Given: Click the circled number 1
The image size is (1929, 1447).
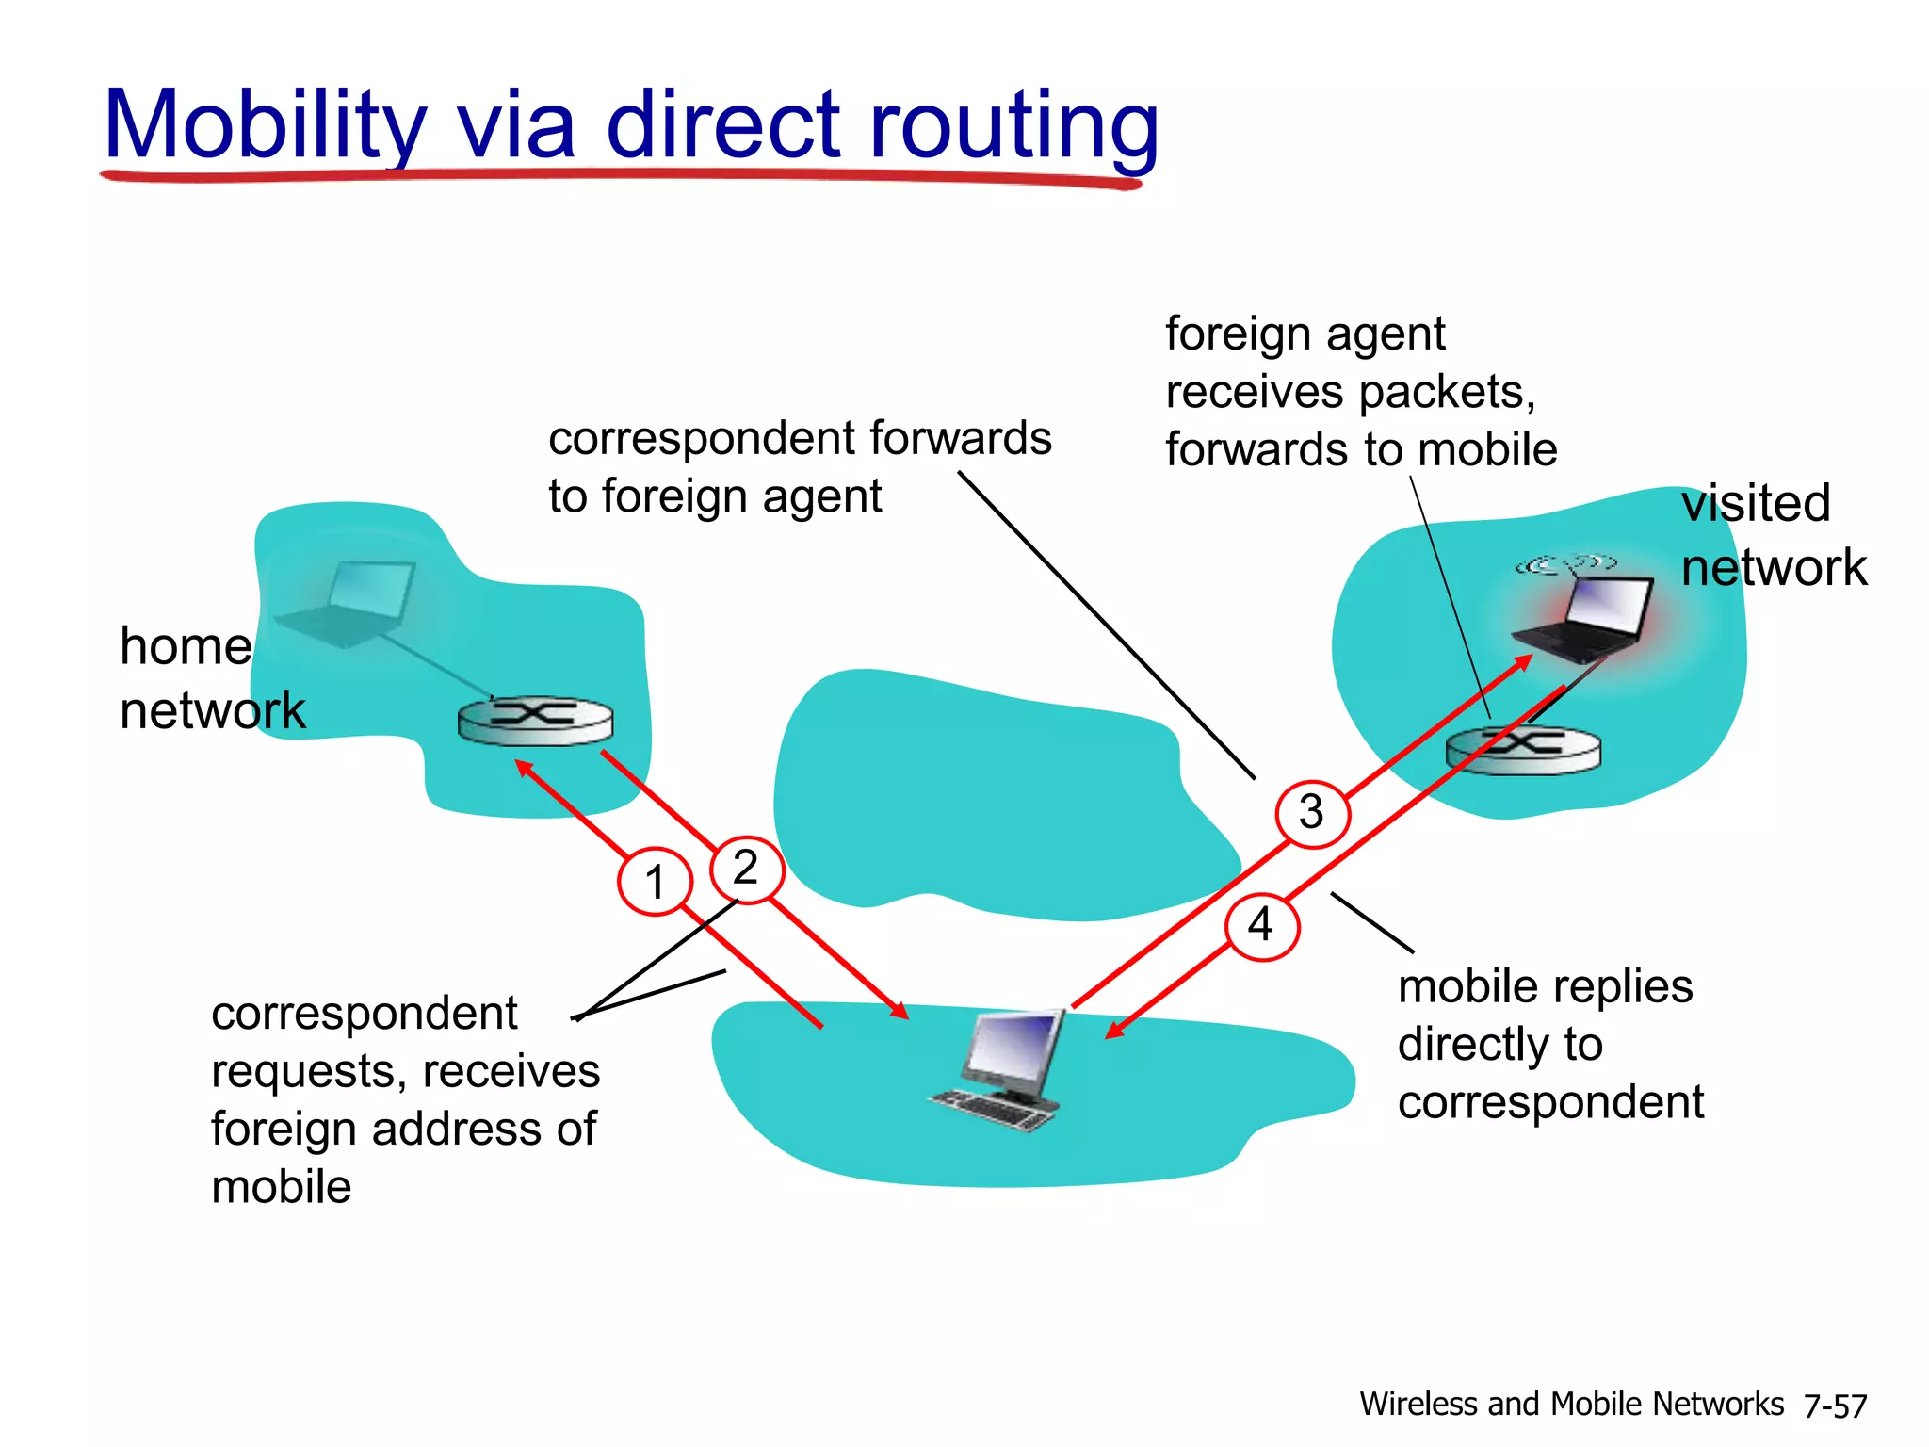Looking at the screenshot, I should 655,882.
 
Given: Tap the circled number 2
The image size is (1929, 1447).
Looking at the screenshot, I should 746,869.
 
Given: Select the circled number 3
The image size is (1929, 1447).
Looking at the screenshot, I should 1312,813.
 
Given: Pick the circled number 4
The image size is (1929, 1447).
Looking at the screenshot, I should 1262,926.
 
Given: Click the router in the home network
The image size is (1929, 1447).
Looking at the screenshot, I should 535,722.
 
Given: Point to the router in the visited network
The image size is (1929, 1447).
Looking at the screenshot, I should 1522,750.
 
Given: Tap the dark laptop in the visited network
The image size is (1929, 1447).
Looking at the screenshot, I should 1586,617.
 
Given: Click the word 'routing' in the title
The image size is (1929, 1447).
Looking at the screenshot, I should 1013,127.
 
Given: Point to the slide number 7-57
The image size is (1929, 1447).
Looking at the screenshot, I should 1835,1406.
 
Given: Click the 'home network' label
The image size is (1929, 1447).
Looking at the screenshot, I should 212,678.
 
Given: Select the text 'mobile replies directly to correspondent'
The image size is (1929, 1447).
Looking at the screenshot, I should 1549,1044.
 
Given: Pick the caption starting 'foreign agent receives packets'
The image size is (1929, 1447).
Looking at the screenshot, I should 1360,391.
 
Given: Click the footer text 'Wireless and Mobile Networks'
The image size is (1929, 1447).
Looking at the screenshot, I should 1571,1404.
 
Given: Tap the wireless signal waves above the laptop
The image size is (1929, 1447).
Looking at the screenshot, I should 1565,565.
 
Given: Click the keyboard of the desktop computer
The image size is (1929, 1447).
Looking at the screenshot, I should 995,1112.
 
